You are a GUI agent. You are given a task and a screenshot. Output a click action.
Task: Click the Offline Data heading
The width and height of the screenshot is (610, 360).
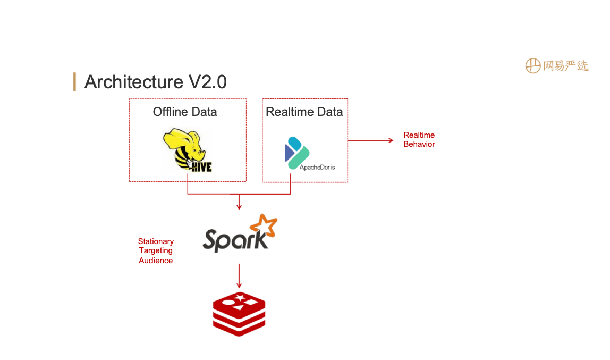point(185,112)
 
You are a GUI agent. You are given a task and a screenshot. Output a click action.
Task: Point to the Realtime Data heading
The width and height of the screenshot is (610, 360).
point(304,112)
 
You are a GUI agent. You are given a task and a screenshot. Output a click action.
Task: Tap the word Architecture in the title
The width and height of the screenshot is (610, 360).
point(134,82)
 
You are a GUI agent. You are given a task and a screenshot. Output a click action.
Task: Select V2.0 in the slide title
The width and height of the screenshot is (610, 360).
point(207,82)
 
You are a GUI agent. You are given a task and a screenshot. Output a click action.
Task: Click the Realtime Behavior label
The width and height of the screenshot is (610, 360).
point(419,139)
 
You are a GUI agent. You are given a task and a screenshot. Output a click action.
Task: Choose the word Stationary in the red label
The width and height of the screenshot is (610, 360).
point(156,241)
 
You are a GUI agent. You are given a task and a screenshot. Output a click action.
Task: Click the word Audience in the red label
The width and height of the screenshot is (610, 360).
point(156,261)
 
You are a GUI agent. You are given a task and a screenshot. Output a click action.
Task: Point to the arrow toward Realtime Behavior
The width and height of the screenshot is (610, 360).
point(370,140)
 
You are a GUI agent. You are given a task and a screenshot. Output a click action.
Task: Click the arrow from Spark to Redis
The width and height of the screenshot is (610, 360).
point(239,276)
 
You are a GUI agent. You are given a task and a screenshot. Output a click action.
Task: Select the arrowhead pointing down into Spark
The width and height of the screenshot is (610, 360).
point(239,207)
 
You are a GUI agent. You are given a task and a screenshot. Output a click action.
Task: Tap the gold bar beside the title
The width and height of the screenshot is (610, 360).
point(74,82)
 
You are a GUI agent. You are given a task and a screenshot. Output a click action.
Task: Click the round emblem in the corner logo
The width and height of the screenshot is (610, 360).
point(532,66)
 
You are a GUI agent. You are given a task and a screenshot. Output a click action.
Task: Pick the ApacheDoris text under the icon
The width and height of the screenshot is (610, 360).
point(317,167)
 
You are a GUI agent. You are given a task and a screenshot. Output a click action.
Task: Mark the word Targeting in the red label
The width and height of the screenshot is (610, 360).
point(156,251)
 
